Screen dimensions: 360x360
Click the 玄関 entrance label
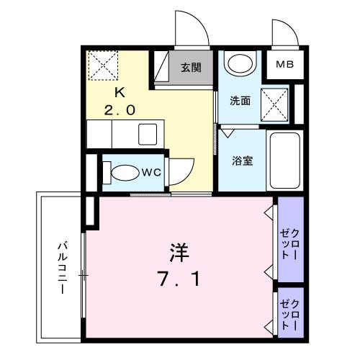(x=190, y=68)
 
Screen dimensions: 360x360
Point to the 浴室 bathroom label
(x=242, y=161)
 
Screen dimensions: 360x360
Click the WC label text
(x=150, y=172)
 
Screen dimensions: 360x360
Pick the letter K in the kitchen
(x=121, y=92)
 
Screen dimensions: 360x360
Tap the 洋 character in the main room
(x=179, y=253)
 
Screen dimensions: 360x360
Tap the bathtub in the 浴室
(x=285, y=160)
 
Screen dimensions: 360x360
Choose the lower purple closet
(x=291, y=310)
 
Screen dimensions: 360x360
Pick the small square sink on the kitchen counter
(x=149, y=134)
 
